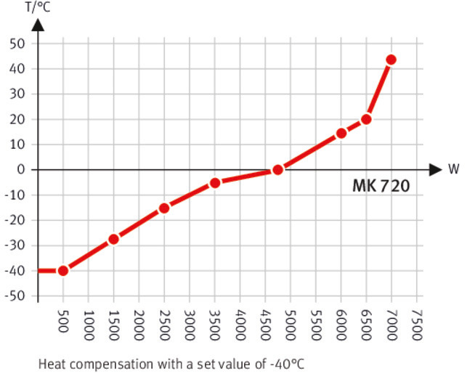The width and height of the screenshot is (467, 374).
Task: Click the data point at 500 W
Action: (x=63, y=271)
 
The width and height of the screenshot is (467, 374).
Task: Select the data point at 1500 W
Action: (x=113, y=239)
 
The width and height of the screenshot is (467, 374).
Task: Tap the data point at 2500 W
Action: (x=164, y=208)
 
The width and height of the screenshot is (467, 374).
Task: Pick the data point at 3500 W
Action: (x=215, y=183)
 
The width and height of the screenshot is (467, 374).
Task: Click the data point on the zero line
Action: (x=277, y=169)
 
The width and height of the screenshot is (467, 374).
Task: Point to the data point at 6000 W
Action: (x=341, y=134)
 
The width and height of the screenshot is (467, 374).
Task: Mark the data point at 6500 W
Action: (x=366, y=119)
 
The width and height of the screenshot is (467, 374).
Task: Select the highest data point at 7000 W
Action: (x=391, y=60)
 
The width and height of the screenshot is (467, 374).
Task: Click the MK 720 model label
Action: (x=381, y=187)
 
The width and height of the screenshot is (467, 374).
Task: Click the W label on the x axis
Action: (x=453, y=170)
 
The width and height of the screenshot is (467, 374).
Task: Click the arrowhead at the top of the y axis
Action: (x=38, y=23)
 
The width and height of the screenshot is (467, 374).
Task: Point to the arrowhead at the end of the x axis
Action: (x=435, y=170)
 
